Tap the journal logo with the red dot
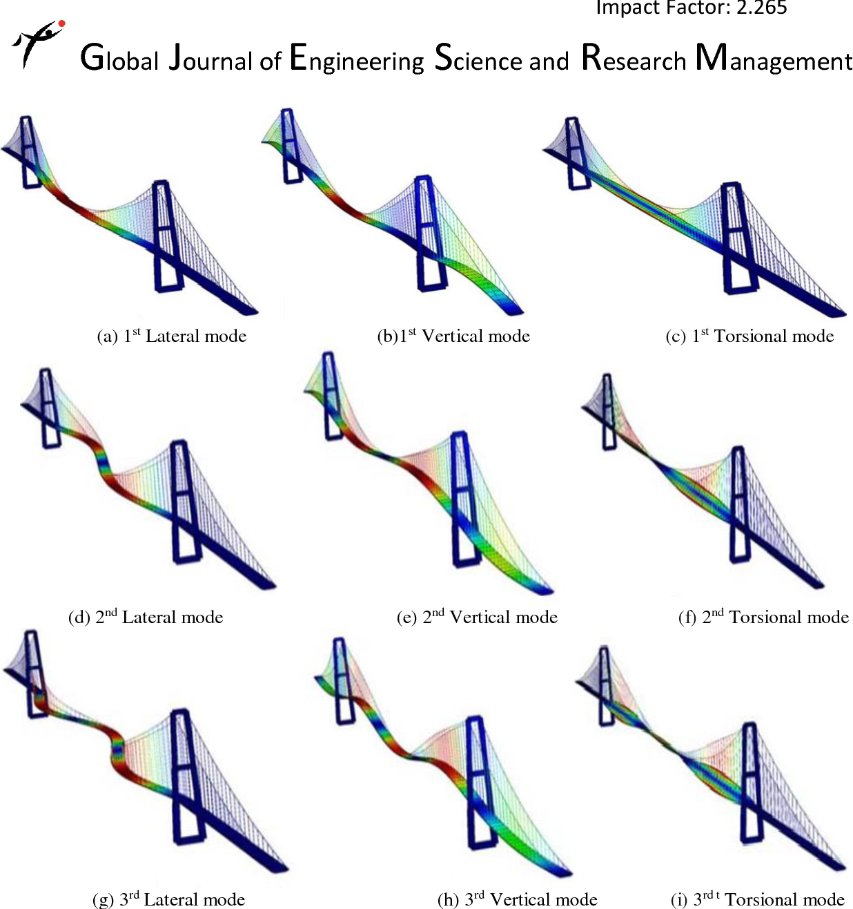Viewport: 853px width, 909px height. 39,43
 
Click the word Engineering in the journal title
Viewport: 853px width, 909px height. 357,59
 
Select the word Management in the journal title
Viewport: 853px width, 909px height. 774,59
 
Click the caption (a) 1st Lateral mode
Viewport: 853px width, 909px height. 172,336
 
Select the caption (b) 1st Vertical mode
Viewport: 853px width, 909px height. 453,336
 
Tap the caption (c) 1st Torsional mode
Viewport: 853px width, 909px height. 749,336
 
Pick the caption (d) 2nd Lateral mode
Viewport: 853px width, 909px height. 146,617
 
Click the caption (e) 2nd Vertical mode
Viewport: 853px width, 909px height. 477,617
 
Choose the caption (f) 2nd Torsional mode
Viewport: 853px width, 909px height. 763,617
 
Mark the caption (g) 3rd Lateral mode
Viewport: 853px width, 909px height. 169,899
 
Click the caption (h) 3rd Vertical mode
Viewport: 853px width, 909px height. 517,899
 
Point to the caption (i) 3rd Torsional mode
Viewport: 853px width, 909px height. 758,899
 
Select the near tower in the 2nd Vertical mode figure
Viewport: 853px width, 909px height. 463,497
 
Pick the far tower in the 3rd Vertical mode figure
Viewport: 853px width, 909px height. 342,680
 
